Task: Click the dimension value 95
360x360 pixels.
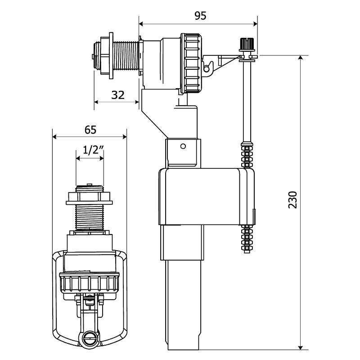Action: (200, 15)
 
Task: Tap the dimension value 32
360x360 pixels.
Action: (117, 95)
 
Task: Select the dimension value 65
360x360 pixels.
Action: (90, 130)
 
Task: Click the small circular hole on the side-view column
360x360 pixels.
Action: (183, 146)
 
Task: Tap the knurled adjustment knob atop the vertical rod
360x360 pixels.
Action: (246, 45)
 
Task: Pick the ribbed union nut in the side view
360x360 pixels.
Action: (191, 63)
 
